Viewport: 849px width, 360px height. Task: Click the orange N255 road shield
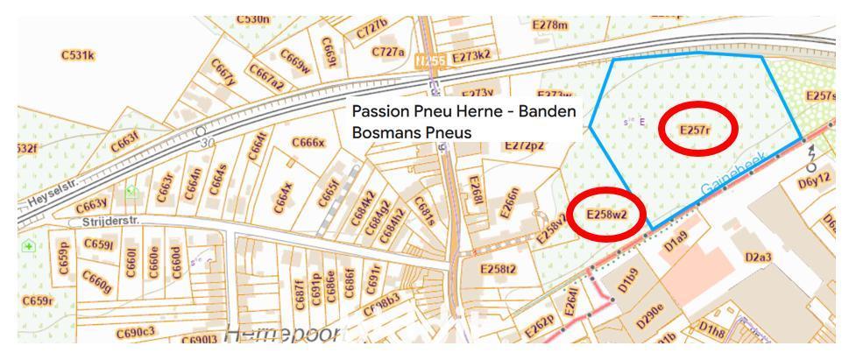(x=430, y=60)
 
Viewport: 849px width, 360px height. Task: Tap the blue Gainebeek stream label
(x=733, y=175)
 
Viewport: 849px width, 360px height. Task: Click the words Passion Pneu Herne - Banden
(x=463, y=112)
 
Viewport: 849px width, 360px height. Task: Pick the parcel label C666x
(x=308, y=143)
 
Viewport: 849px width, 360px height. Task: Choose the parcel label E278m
(x=550, y=25)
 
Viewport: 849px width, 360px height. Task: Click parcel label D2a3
(x=758, y=257)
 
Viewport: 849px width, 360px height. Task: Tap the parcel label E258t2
(x=499, y=268)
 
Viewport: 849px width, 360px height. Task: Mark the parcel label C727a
(x=387, y=52)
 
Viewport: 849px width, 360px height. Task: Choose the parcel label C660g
(x=96, y=281)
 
